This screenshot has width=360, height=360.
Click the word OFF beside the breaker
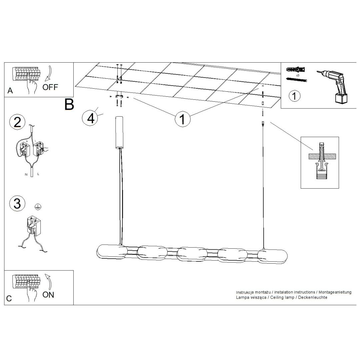50,87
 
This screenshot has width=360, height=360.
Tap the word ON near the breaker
48,295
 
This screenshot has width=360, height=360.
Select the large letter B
69,104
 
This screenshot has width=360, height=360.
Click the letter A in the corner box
10,91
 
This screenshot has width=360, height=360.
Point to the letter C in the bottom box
9,299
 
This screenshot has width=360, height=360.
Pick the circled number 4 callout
90,118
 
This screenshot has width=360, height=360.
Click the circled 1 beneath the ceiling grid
182,119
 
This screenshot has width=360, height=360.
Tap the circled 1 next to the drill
294,96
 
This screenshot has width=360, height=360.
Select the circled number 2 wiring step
17,122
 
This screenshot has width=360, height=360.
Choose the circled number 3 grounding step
17,203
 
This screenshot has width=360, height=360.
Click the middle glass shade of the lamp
192,254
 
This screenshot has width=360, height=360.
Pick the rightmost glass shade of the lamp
272,255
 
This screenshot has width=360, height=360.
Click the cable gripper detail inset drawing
320,162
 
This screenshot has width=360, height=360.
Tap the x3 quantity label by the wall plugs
297,76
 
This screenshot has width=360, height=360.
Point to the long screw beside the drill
296,80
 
